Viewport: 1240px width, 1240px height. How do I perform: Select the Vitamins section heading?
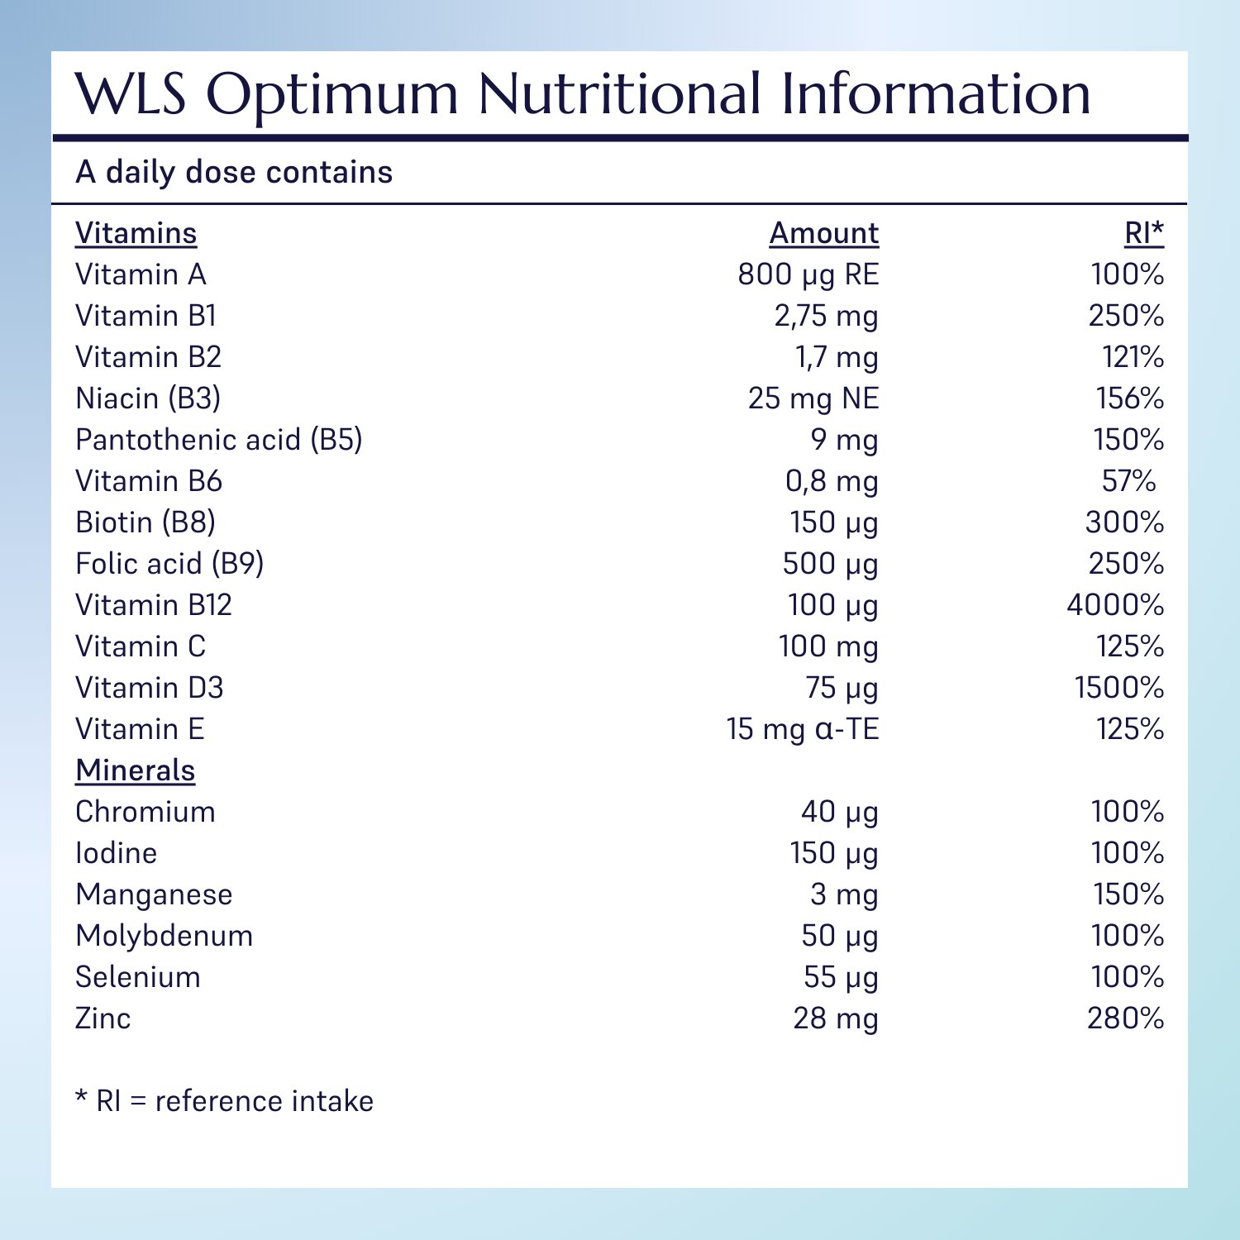click(x=136, y=233)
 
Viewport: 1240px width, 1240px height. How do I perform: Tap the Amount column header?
click(x=823, y=233)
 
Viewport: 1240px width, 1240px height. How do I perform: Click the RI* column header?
click(x=1143, y=233)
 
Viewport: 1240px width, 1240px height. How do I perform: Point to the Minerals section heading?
click(x=136, y=770)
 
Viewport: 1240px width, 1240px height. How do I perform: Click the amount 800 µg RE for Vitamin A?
click(x=808, y=274)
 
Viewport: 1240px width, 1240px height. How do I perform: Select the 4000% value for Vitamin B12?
click(x=1114, y=605)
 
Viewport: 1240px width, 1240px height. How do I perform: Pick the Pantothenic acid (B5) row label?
click(x=219, y=440)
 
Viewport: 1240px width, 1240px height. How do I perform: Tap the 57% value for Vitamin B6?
click(x=1128, y=481)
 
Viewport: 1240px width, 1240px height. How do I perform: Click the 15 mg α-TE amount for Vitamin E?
click(x=802, y=729)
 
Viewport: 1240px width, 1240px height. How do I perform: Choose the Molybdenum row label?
click(x=165, y=936)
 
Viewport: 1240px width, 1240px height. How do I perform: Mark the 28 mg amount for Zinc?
click(x=835, y=1018)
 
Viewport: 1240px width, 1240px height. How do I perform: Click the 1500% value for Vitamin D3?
click(x=1118, y=688)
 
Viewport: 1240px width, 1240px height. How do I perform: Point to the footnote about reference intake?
click(x=225, y=1101)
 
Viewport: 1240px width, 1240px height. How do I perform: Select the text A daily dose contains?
click(x=234, y=172)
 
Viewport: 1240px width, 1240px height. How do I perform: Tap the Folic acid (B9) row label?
click(x=169, y=564)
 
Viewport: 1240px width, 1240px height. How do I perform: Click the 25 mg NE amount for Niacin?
click(x=813, y=398)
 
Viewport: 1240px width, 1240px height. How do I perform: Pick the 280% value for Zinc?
click(x=1125, y=1018)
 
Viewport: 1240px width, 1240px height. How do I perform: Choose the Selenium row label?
click(x=138, y=977)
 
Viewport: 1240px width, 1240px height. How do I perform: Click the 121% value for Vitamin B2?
click(x=1133, y=357)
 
